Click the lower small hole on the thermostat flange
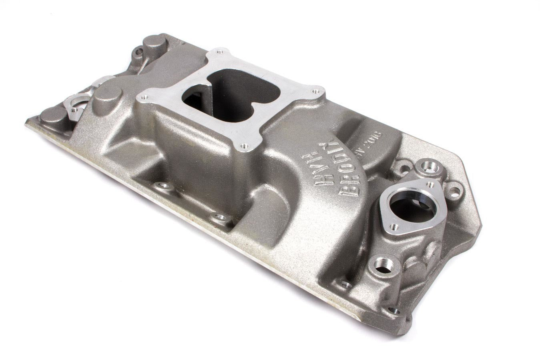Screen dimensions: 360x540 point(395,227)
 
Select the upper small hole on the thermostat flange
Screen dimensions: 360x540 point(430,185)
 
